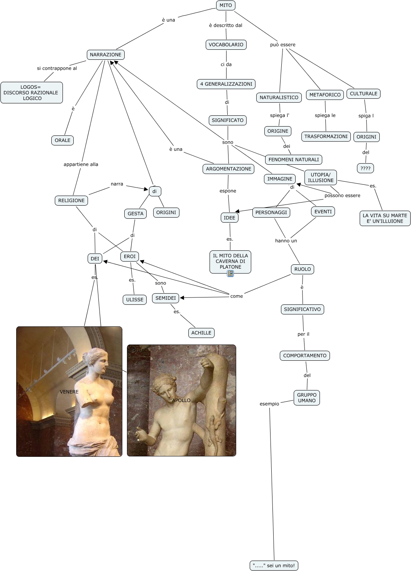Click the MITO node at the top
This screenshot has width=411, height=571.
226,5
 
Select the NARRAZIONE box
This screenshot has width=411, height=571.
105,55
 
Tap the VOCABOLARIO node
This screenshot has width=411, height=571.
226,45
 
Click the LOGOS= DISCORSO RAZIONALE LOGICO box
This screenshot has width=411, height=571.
31,93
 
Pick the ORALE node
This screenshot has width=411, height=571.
63,140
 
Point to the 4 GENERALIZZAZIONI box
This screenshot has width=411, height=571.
226,84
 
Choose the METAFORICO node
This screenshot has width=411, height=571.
325,95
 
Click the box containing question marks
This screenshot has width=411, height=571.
365,169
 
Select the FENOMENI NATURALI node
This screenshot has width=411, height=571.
294,160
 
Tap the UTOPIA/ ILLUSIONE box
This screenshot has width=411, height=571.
321,177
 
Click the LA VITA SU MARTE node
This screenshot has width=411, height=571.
385,218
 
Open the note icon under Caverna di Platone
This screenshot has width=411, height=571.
230,274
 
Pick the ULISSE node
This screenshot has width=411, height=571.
135,300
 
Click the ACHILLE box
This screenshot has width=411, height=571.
201,333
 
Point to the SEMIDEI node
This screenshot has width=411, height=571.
166,298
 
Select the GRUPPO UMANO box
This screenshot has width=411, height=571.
307,398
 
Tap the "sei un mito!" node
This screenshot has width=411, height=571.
274,566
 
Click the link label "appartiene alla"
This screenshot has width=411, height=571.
81,164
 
